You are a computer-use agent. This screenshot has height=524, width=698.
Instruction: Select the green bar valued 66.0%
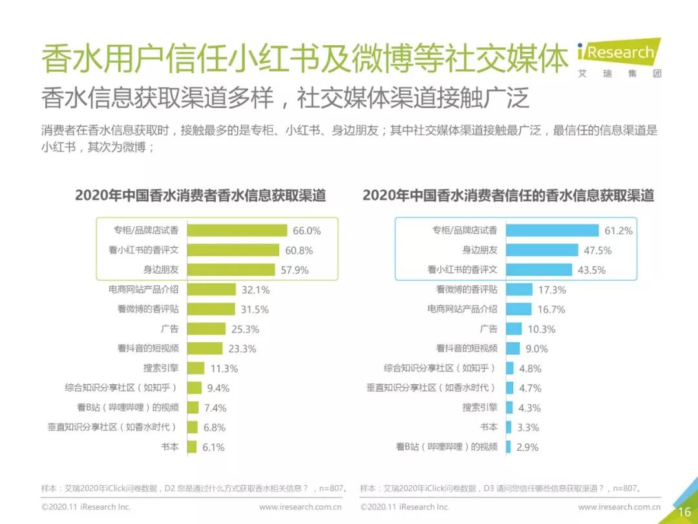tap(237, 230)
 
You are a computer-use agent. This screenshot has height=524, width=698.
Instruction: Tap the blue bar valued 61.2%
tap(552, 230)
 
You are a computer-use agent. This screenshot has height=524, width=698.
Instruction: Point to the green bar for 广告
tap(206, 329)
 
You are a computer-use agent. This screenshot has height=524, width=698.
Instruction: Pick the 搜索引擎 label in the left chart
tap(161, 368)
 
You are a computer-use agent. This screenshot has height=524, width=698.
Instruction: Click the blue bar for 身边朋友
tap(542, 250)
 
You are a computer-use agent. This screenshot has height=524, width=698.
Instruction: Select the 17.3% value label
tap(551, 290)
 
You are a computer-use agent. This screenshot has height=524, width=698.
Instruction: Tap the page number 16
tap(684, 511)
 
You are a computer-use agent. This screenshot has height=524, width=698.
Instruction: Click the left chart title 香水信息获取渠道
tap(200, 195)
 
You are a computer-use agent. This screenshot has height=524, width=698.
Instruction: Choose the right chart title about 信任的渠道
tap(508, 195)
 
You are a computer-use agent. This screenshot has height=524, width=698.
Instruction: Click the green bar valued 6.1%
tap(191, 446)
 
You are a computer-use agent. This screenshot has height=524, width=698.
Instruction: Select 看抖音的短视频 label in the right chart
tap(467, 348)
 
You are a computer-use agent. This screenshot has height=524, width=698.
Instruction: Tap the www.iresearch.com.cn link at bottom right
tap(619, 507)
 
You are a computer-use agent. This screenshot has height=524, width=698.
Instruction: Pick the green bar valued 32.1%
tap(211, 289)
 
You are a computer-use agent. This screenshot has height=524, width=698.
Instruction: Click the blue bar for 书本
tap(509, 427)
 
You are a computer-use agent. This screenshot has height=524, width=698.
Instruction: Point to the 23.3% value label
tap(242, 349)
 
